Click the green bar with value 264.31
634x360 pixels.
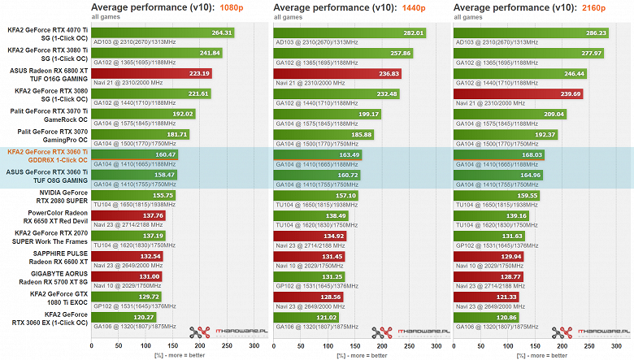[163, 33]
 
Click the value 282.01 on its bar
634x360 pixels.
[414, 33]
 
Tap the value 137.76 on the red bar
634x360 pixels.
[153, 215]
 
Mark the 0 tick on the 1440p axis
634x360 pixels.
[274, 345]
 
